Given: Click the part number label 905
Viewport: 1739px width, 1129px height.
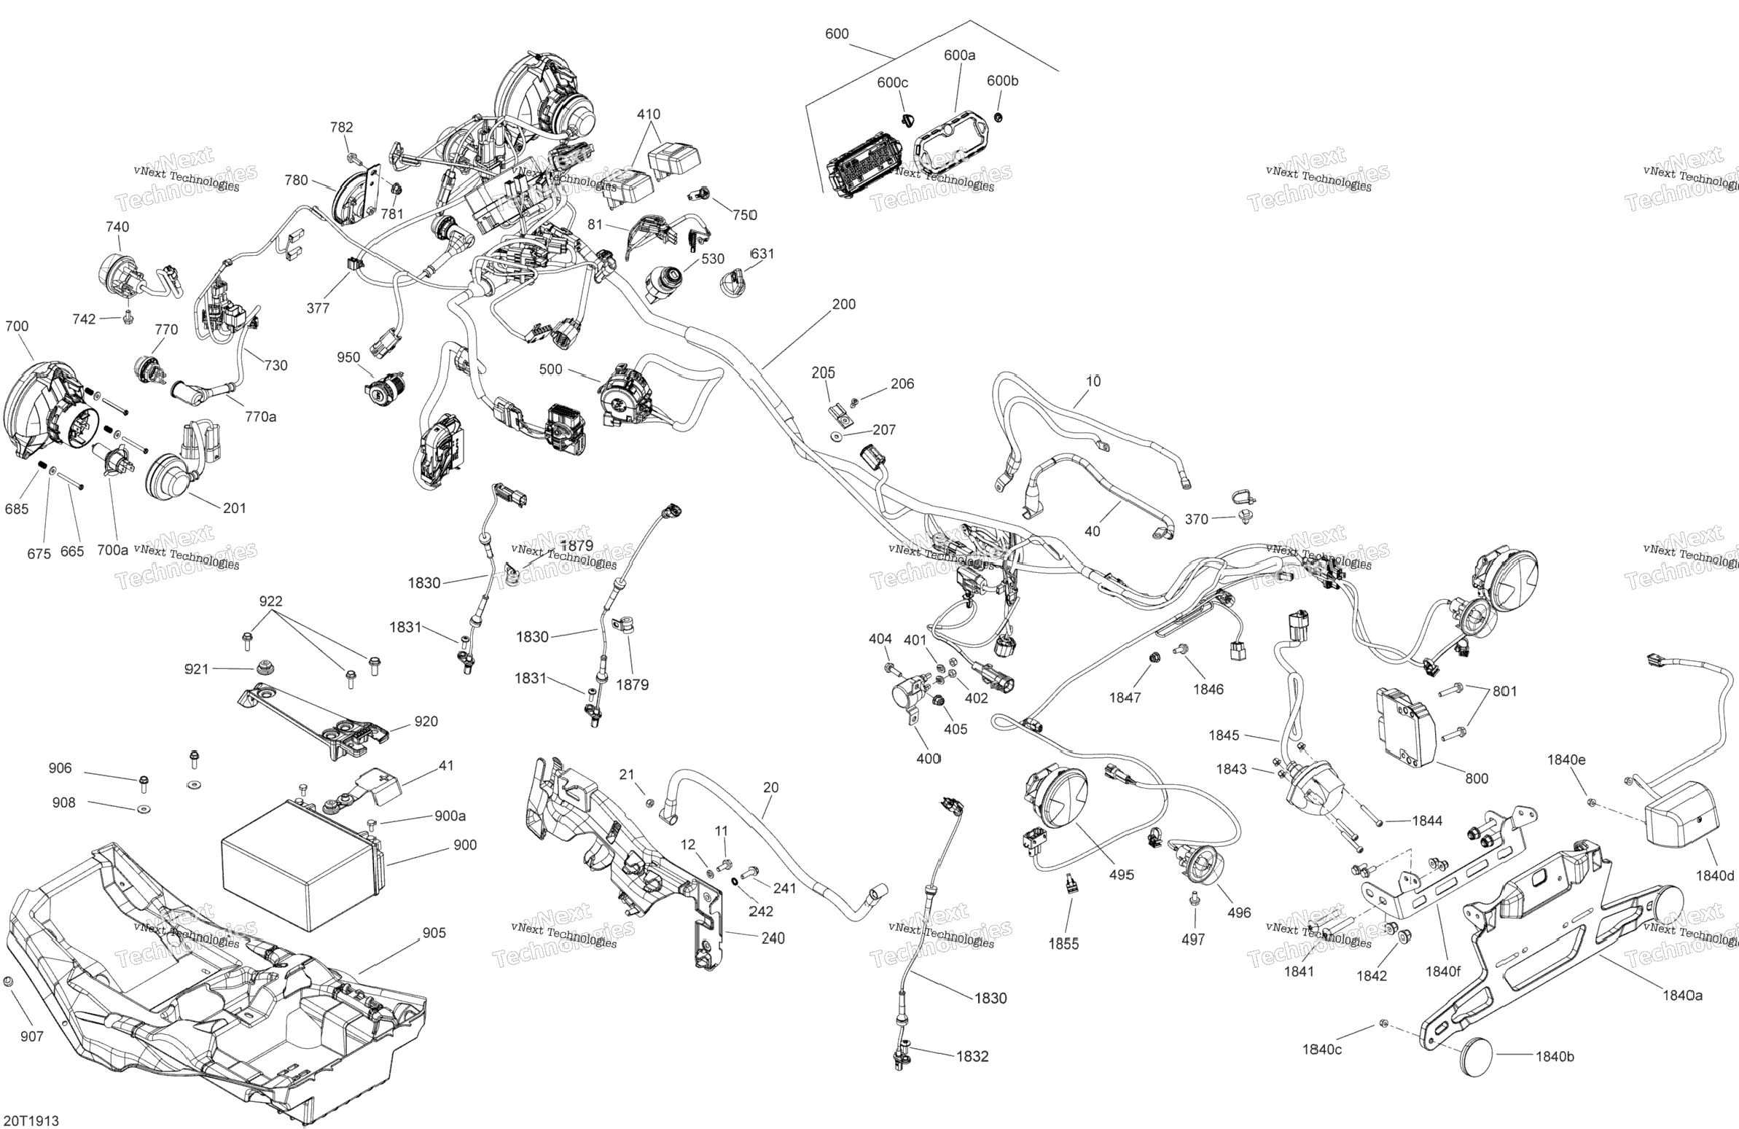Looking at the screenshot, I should (434, 932).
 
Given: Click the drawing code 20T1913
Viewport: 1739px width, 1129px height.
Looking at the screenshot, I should (31, 1121).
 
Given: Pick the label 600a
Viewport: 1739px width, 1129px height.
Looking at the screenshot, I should (959, 55).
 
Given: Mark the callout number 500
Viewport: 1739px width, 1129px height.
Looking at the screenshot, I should (550, 369).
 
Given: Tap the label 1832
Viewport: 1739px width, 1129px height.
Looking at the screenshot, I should (972, 1056).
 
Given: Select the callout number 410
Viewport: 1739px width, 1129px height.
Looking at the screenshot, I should (648, 114).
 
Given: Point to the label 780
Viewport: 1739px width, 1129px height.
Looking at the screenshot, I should (296, 180).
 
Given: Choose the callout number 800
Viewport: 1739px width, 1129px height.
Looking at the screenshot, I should (1477, 778).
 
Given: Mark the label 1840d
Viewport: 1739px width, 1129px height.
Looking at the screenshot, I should (1715, 875).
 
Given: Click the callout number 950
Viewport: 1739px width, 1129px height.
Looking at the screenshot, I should (348, 356).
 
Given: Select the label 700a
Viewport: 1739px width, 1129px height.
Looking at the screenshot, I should (112, 550).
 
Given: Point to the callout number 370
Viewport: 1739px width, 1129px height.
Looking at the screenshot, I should (1196, 519).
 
